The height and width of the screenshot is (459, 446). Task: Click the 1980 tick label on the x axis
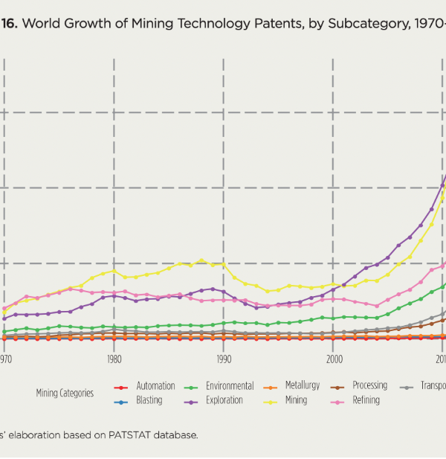[x=114, y=359]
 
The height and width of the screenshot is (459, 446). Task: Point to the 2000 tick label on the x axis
[x=334, y=359]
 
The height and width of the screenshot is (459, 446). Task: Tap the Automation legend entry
[x=155, y=386]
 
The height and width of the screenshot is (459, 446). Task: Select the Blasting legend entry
[x=149, y=400]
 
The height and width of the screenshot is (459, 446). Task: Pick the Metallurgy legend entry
[x=302, y=385]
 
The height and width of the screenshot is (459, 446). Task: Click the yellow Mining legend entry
[x=296, y=400]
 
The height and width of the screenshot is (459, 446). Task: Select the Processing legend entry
[x=369, y=385]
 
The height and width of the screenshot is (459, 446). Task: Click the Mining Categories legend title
[x=65, y=393]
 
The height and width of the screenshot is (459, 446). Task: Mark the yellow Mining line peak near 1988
[x=201, y=260]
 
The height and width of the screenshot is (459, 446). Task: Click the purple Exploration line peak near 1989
[x=213, y=289]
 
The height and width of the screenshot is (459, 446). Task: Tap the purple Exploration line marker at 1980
[x=114, y=295]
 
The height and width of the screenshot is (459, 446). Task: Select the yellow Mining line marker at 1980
[x=114, y=271]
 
